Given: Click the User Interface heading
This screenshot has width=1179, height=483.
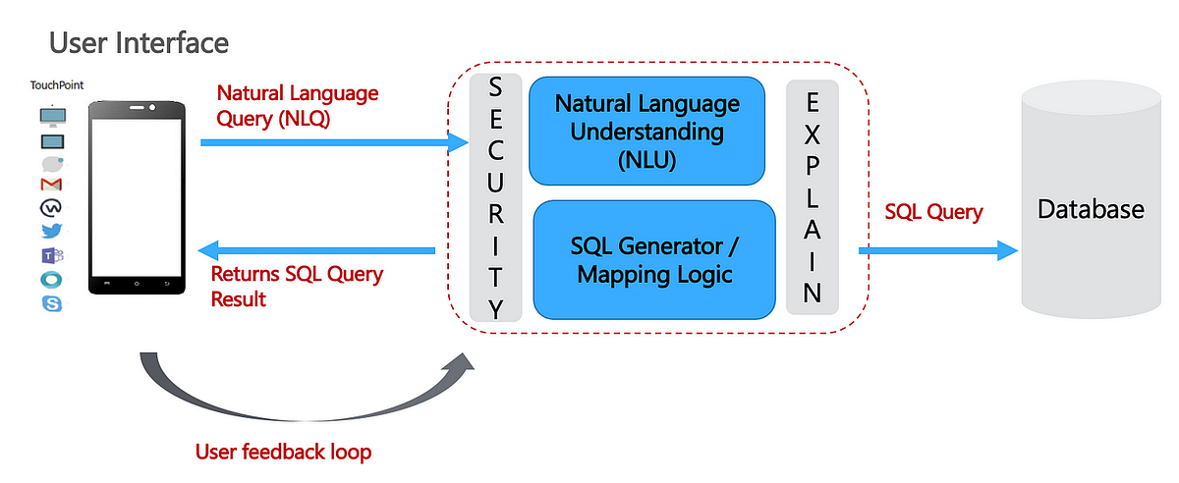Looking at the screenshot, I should point(139,43).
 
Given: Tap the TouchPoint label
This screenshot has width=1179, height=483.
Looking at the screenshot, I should point(57,85).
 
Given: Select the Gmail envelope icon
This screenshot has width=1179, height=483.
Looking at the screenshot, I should point(52,185).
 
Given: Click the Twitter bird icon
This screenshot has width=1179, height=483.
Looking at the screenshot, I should point(52,232).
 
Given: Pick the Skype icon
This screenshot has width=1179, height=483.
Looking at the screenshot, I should point(52,303).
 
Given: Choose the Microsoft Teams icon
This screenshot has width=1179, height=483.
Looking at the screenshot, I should point(52,256).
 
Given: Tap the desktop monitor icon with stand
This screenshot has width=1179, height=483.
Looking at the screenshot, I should point(52,116).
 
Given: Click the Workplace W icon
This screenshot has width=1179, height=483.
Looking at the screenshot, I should point(52,208).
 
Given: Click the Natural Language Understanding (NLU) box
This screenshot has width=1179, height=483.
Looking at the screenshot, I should point(646,132).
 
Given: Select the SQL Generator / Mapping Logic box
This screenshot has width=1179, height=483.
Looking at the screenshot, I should point(654,259).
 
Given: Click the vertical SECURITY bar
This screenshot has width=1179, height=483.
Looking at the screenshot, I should point(496,198).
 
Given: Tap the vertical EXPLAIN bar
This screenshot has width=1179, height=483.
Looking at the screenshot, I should point(812,197).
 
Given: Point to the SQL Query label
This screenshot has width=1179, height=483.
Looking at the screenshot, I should point(933,211).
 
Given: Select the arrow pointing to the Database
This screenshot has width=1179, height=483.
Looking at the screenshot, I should point(938,250).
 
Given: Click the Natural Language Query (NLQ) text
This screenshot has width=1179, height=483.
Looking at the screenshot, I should point(297,106).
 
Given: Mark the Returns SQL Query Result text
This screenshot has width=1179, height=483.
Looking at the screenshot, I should point(297,286).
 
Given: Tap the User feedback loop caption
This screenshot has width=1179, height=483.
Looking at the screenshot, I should point(284,452).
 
